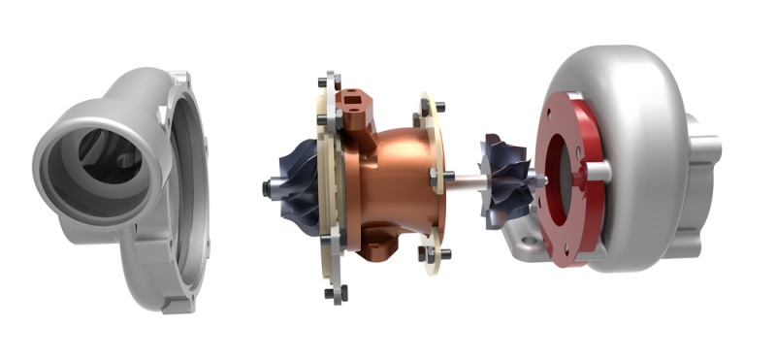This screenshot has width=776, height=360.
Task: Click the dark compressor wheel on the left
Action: pyautogui.click(x=296, y=185)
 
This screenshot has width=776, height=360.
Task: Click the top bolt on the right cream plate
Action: pyautogui.click(x=437, y=106)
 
